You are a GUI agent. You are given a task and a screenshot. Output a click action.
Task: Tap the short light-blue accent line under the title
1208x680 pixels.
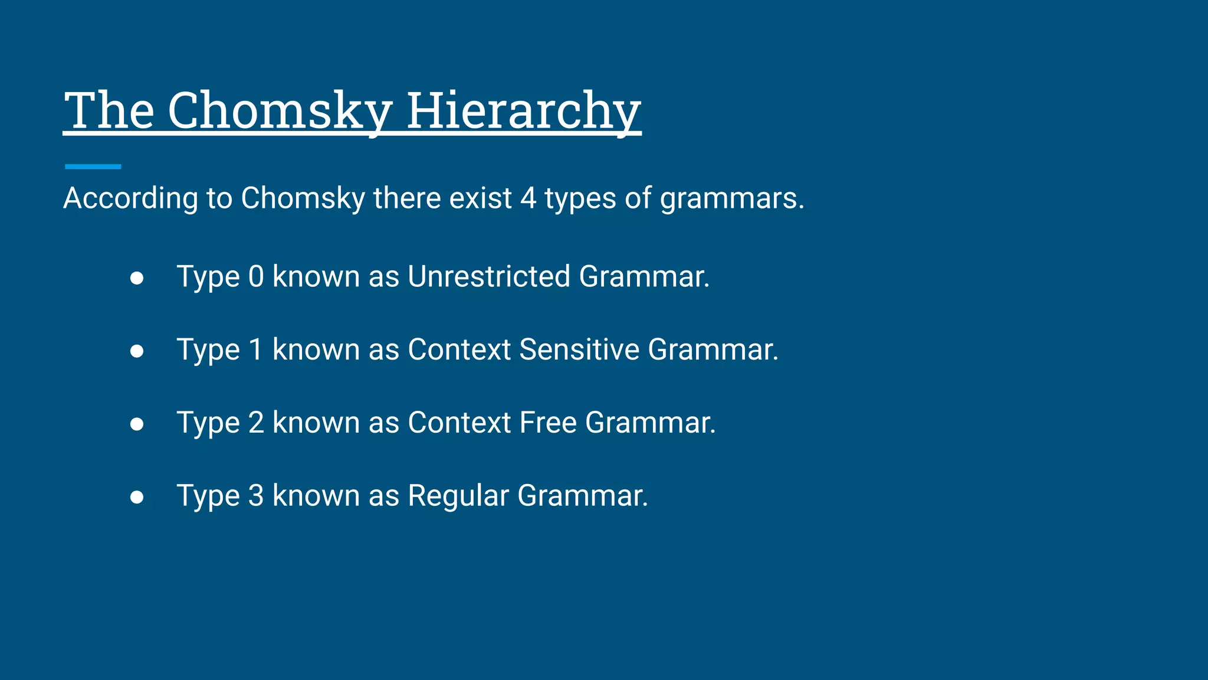(93, 166)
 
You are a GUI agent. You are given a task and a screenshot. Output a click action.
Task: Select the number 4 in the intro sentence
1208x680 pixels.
(528, 198)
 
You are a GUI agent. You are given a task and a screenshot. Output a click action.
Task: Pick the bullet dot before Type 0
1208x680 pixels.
(137, 278)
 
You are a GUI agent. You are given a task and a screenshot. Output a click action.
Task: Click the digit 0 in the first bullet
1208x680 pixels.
(256, 277)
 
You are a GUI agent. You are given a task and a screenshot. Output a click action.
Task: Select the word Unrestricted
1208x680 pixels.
(489, 276)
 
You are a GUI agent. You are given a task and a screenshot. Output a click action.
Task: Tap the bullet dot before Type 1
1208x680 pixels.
(137, 351)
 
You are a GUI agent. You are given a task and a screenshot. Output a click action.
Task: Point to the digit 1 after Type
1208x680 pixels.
(256, 349)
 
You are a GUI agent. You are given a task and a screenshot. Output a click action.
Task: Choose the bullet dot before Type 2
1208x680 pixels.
(137, 424)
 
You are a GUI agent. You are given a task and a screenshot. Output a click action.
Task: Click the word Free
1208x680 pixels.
(548, 423)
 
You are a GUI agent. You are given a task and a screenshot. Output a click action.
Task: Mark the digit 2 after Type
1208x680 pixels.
(256, 423)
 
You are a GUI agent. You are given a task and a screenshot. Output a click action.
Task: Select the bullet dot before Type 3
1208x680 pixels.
(137, 497)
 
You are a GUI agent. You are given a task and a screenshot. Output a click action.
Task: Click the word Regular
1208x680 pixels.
(458, 496)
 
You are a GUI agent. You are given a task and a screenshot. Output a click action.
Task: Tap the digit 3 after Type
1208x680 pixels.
(256, 496)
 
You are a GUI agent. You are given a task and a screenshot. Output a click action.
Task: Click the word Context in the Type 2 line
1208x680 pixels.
(459, 423)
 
